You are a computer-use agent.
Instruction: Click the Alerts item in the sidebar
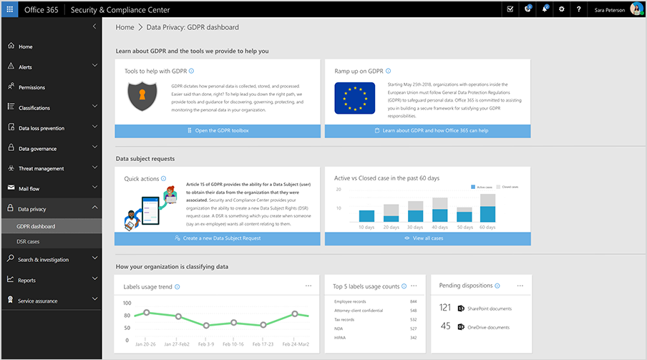click(25, 67)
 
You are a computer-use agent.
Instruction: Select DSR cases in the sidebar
click(29, 242)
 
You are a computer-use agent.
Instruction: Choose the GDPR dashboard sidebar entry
click(36, 226)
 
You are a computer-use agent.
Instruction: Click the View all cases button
click(428, 238)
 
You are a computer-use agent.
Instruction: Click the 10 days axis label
click(366, 226)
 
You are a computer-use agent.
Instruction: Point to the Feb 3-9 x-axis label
click(205, 344)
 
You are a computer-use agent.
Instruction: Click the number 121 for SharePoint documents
click(445, 308)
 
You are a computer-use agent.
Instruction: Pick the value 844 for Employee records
click(413, 301)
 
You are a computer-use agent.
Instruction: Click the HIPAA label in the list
click(339, 336)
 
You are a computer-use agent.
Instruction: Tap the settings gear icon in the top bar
click(562, 9)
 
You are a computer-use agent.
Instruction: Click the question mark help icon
click(578, 9)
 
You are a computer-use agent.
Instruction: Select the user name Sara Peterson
click(610, 9)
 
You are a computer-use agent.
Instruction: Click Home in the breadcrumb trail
click(125, 27)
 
